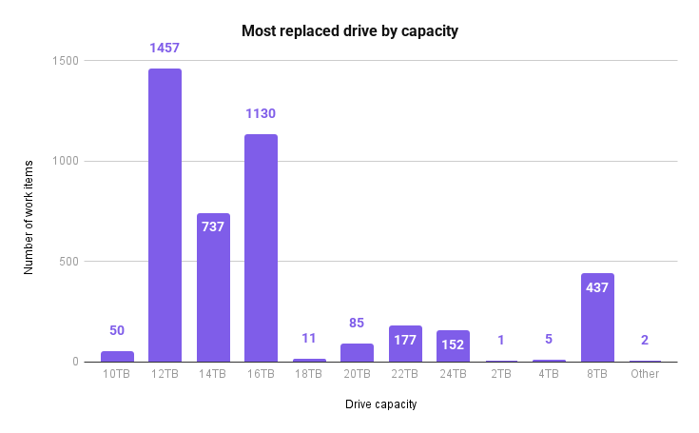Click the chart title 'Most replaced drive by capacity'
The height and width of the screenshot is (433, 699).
[350, 31]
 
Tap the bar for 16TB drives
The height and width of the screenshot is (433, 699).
[261, 247]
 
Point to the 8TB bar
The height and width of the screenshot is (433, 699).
[597, 318]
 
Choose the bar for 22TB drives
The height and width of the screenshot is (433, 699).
[405, 344]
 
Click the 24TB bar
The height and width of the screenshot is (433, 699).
[453, 346]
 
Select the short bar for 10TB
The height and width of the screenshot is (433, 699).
[117, 357]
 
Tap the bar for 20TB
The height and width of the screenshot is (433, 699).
[357, 353]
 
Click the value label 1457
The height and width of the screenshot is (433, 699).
[165, 46]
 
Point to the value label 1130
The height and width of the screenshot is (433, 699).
[261, 113]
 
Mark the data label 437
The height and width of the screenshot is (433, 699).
[597, 287]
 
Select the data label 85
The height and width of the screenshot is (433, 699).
[357, 323]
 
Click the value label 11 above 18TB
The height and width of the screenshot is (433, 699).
[309, 338]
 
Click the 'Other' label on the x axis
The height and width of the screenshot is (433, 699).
[645, 375]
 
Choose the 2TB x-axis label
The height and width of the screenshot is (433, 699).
[501, 375]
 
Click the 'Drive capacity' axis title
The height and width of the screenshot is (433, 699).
[380, 404]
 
